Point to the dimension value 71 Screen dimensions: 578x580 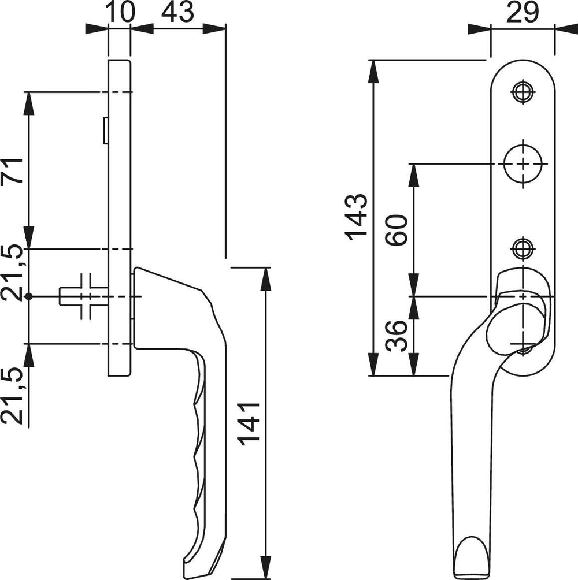[x=12, y=170]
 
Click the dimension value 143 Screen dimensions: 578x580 [x=356, y=217]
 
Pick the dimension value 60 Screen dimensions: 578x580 [x=396, y=230]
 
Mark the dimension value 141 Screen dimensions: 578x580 [x=249, y=424]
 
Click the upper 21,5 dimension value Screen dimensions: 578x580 [x=12, y=272]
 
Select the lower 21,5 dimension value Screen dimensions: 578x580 [x=12, y=396]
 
